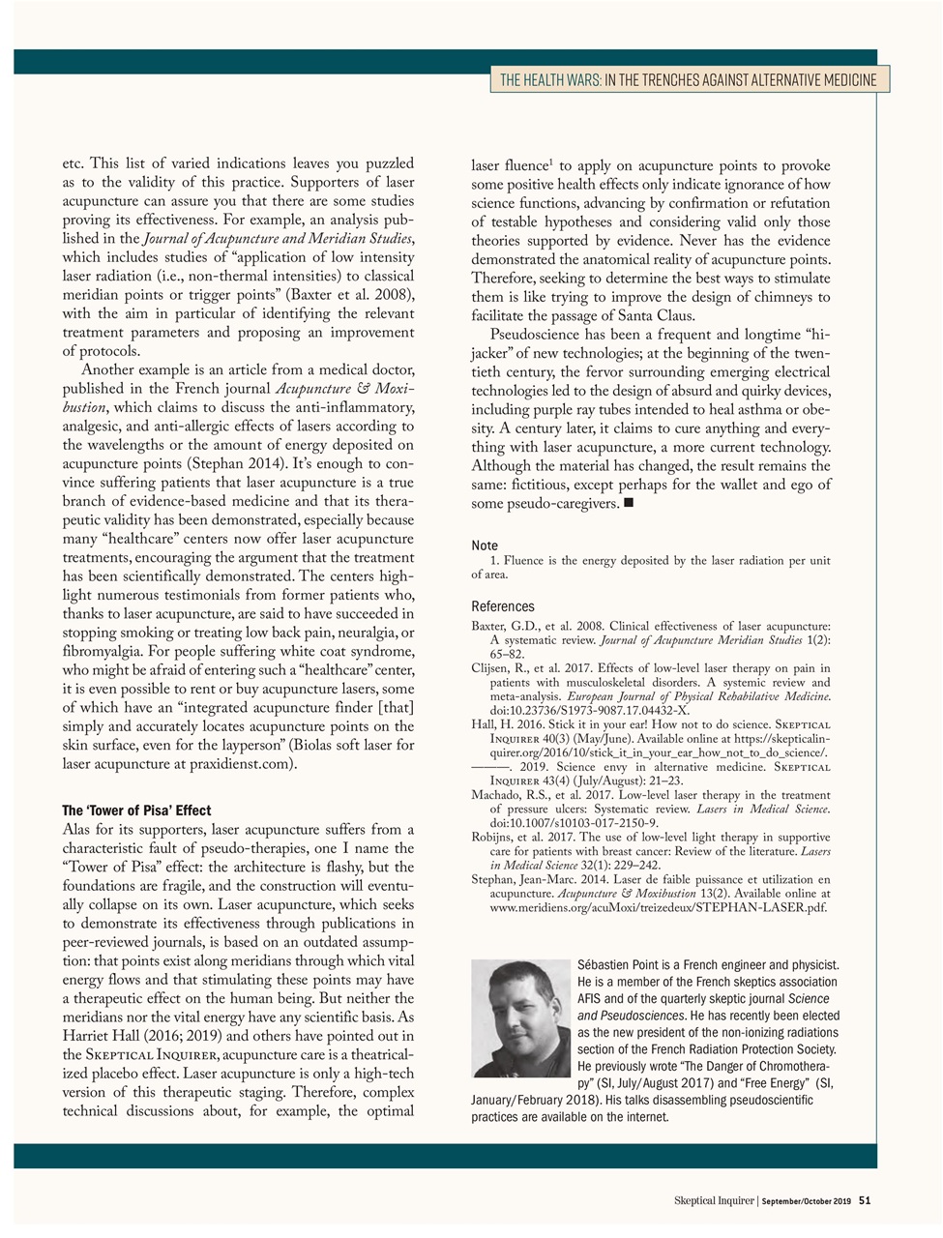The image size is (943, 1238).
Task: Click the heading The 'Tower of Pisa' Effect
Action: pos(136,811)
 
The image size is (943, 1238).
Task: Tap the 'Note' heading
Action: pos(486,545)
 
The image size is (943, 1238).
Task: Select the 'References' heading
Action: pos(502,606)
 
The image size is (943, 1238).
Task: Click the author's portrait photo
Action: pos(520,1018)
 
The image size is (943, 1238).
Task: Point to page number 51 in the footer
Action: pos(865,1200)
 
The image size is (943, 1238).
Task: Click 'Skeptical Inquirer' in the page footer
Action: pos(714,1200)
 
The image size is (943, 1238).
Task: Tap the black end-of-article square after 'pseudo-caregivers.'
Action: pos(629,504)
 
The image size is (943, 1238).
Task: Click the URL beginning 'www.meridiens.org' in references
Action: pos(658,908)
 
